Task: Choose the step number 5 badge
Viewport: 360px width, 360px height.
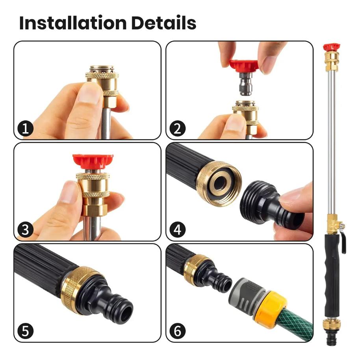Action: coord(26,331)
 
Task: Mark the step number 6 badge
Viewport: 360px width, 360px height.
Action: coord(178,331)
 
